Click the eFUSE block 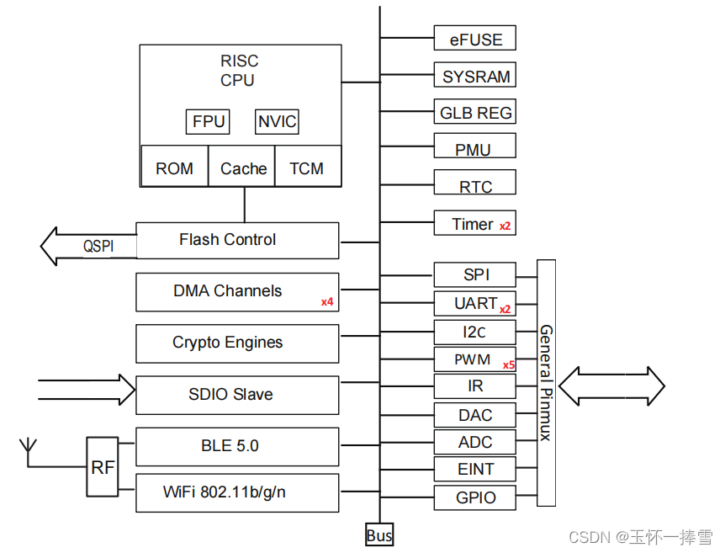point(474,39)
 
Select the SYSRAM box point(474,76)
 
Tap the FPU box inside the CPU point(208,122)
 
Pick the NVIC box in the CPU point(277,122)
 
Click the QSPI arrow point(87,246)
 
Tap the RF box point(103,467)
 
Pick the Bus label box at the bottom point(379,535)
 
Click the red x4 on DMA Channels point(327,301)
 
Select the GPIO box point(474,497)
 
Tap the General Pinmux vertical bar point(546,382)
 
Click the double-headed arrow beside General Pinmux point(611,386)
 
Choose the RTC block point(474,187)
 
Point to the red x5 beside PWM point(508,365)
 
